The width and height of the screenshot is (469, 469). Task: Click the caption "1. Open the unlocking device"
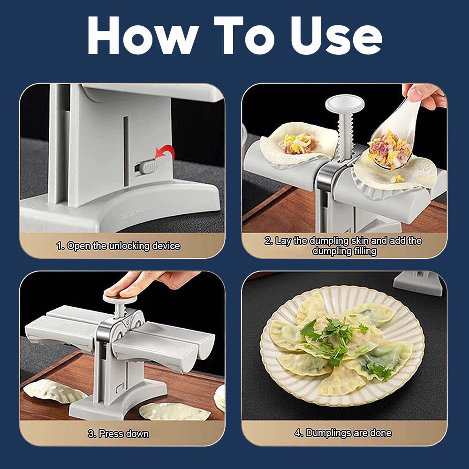[x=119, y=246]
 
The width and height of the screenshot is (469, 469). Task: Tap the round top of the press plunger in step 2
[x=345, y=103]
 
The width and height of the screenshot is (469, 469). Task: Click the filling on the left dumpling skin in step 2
[x=297, y=143]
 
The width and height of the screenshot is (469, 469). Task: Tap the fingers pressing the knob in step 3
[x=141, y=284]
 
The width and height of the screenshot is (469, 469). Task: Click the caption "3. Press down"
[x=119, y=433]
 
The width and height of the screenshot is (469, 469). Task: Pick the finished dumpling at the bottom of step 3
[x=174, y=412]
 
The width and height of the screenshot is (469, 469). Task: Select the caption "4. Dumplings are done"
[x=343, y=433]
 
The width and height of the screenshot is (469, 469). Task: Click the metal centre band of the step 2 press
[x=326, y=176]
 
